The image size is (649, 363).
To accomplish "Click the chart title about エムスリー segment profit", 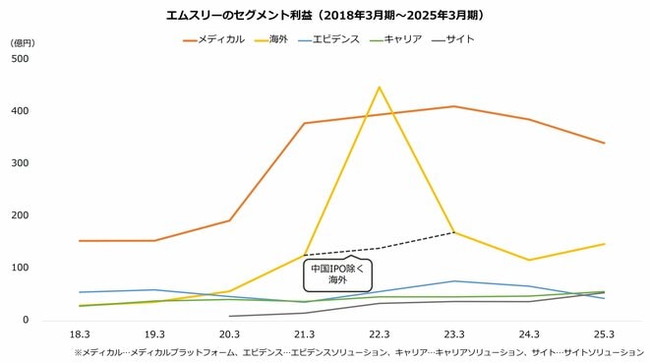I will (324, 16).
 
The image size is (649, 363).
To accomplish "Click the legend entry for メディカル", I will (213, 39).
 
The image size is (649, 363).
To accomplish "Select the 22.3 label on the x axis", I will (379, 335).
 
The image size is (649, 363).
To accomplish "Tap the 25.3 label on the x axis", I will (604, 335).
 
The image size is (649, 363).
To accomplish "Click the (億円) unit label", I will (22, 43).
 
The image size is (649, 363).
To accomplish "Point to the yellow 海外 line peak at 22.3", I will (379, 87).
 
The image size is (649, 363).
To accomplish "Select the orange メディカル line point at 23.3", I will (454, 106).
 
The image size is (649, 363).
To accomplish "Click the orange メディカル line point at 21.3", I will (304, 123).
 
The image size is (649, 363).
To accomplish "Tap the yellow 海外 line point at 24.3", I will (529, 260).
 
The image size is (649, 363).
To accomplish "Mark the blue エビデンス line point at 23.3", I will (454, 281).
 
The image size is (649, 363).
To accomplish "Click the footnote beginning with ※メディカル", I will (358, 351).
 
